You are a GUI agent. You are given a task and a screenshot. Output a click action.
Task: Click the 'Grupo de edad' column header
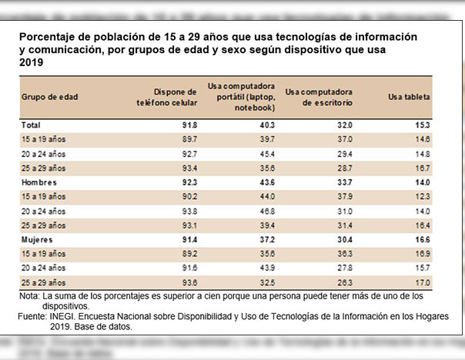point(50,98)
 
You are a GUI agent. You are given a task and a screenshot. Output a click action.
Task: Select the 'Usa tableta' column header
point(410,98)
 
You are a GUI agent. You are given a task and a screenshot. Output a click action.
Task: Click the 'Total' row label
point(31,125)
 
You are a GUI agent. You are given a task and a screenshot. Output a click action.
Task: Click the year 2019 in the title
point(31,65)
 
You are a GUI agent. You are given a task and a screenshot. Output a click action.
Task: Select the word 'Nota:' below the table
point(29,296)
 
